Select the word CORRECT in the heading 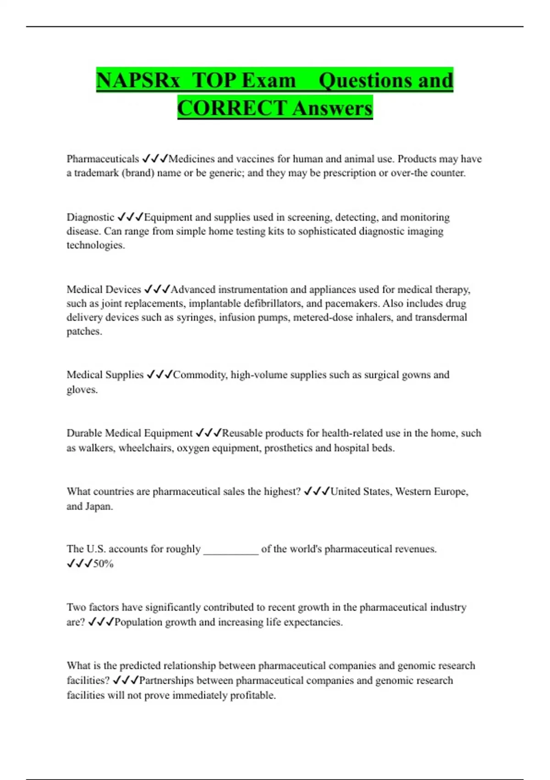[232, 108]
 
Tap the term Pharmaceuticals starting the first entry [103, 159]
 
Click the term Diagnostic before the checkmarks [90, 217]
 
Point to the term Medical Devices [104, 290]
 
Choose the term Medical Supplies [105, 375]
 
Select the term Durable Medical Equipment [130, 433]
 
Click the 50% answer [103, 564]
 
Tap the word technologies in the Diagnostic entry [95, 245]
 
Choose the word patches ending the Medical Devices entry [84, 331]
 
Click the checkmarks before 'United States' [316, 491]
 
